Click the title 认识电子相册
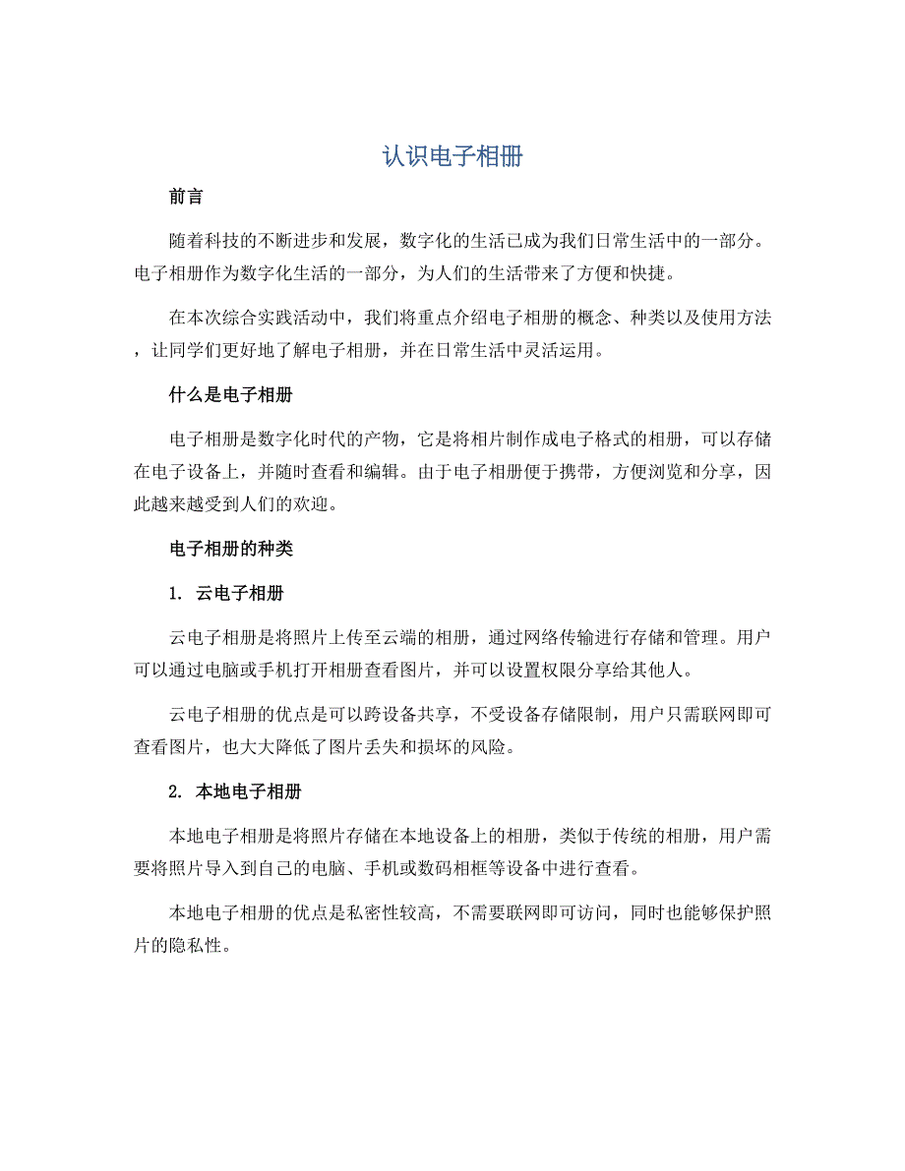[x=452, y=156]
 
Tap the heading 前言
[x=186, y=197]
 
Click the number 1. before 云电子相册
[x=176, y=594]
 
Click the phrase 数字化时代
[x=311, y=439]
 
